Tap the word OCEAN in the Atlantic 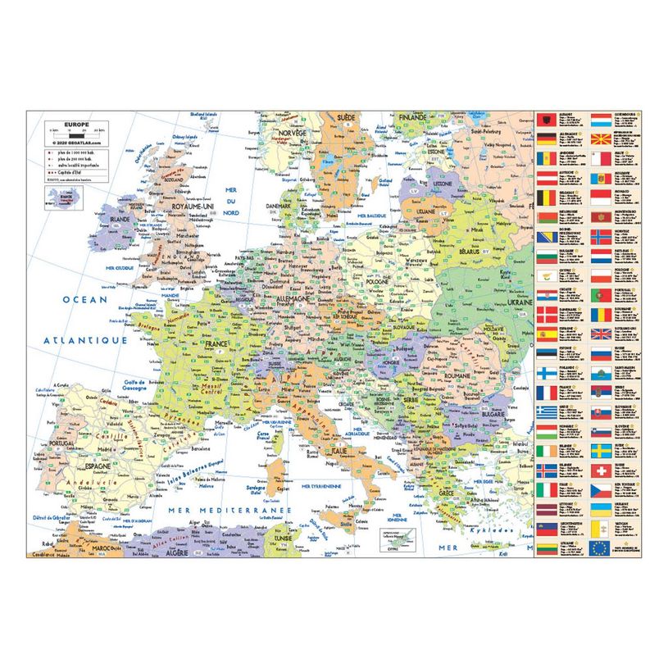click(87, 300)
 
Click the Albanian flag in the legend click(547, 119)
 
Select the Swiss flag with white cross click(602, 471)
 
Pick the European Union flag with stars click(602, 548)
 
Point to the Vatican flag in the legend click(602, 529)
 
